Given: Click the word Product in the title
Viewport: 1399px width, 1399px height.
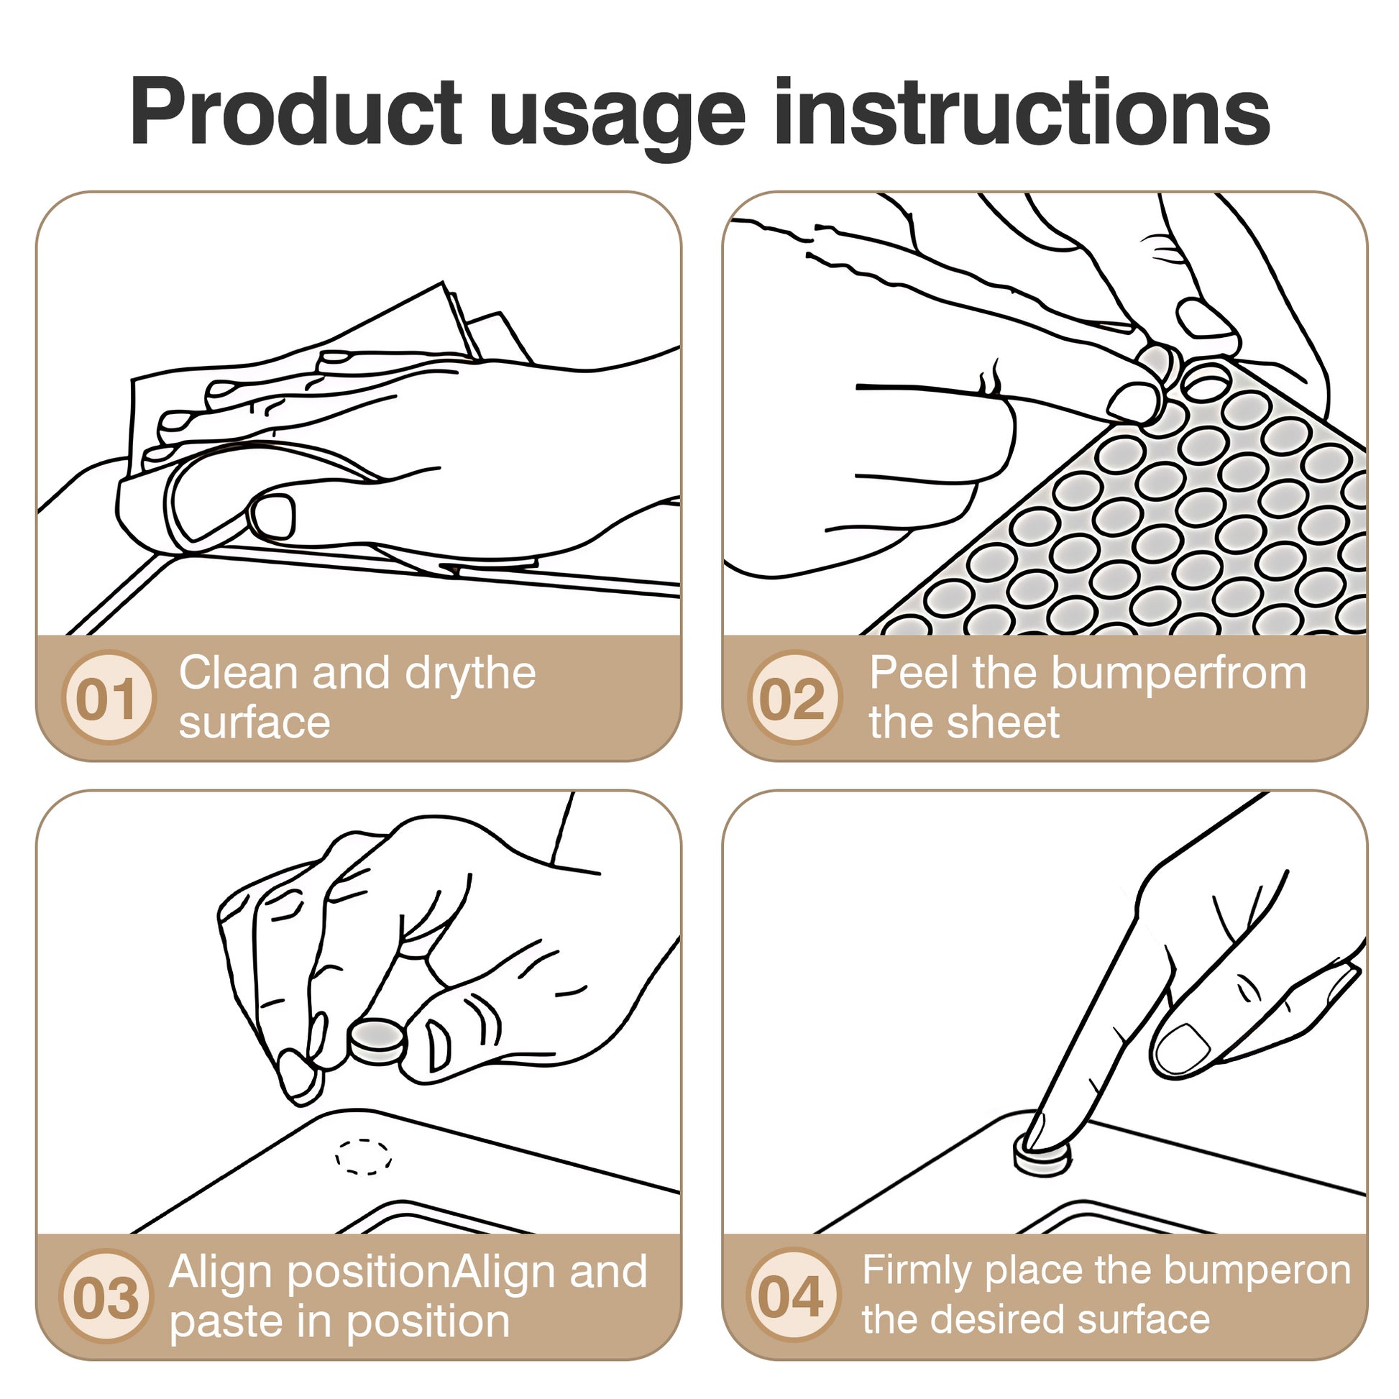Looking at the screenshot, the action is [296, 113].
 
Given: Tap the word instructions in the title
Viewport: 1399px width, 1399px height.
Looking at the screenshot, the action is [1022, 112].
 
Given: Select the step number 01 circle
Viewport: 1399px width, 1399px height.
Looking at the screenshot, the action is [109, 697].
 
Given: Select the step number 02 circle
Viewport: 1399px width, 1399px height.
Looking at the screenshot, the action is [794, 697].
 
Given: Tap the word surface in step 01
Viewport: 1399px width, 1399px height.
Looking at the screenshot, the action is [254, 723].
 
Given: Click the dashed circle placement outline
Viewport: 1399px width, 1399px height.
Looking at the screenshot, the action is [364, 1157].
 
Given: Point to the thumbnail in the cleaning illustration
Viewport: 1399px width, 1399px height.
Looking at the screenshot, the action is [275, 515].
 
